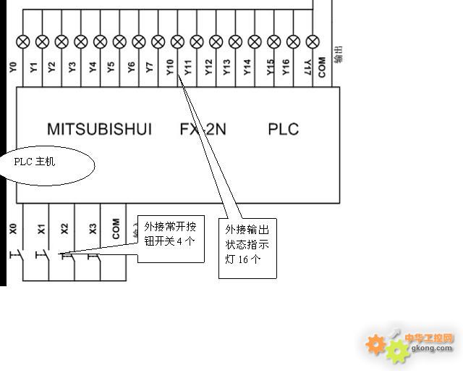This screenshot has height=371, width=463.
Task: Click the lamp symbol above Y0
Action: coord(23,41)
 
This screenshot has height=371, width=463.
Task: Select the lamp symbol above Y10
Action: coord(178,41)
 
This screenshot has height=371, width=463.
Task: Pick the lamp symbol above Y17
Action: coord(313,41)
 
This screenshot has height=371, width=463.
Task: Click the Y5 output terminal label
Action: coord(110,68)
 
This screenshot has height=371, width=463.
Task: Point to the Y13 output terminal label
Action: coord(226,68)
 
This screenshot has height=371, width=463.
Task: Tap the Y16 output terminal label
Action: coord(286,68)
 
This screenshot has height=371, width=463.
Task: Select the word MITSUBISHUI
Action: coord(99,130)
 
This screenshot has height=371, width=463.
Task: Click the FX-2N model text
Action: coord(203,130)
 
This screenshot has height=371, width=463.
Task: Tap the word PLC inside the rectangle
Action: coord(283,130)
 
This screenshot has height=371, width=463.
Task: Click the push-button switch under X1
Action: coord(41,255)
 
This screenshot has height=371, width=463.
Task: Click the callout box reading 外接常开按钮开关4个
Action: coord(171,238)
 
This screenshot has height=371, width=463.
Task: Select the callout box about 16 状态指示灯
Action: coord(247,247)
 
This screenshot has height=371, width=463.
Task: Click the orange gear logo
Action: coord(375,343)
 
